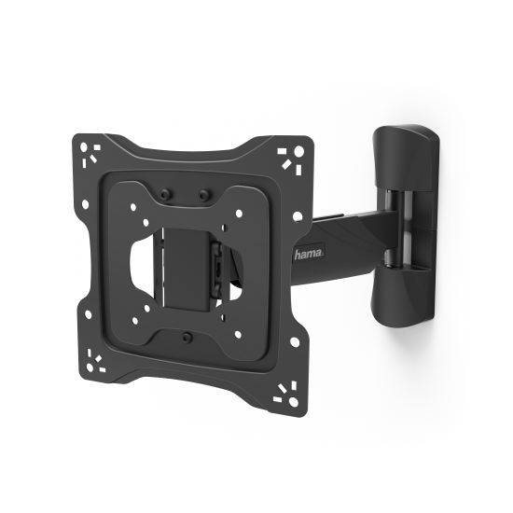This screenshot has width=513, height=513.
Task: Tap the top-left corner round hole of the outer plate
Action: (84, 146)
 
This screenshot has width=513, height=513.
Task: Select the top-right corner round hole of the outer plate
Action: (299, 151)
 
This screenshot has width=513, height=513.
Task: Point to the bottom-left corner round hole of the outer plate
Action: (90, 367)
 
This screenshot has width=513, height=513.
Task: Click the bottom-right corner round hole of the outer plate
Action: (294, 401)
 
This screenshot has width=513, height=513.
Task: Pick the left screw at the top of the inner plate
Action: (163, 195)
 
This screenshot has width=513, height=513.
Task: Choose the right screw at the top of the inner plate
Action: (203, 195)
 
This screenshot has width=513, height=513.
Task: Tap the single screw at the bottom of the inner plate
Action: (187, 337)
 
